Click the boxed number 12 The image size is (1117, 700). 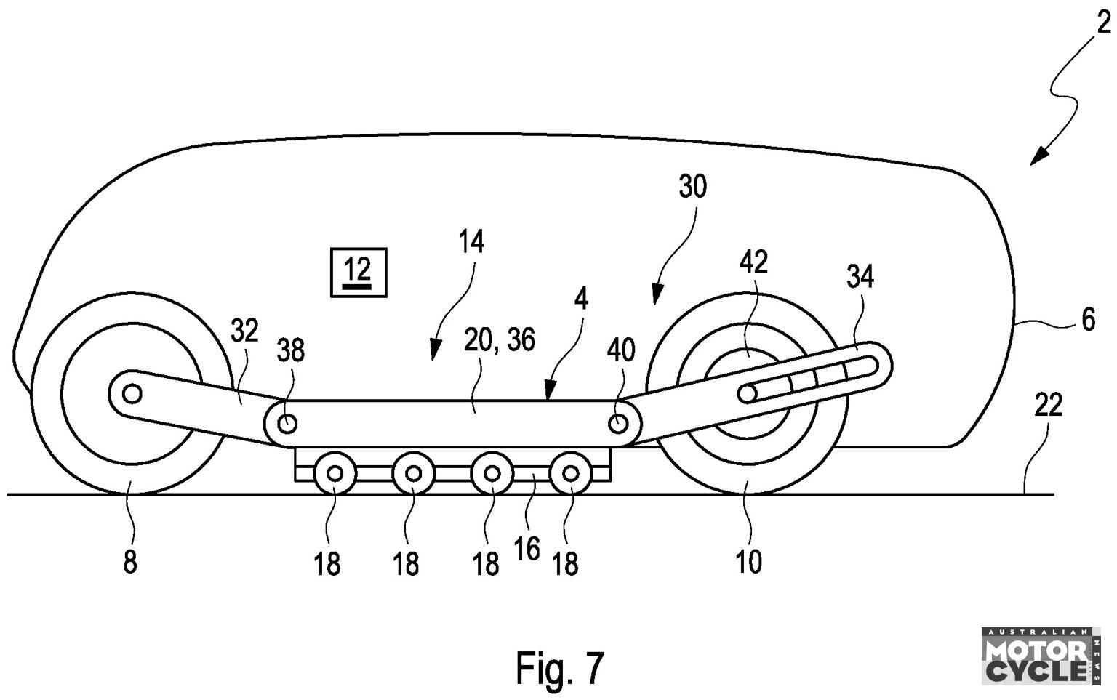click(x=359, y=272)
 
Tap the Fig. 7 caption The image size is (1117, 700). click(x=559, y=668)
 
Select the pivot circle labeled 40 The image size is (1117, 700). click(x=619, y=425)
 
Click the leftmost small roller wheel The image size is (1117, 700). click(x=335, y=473)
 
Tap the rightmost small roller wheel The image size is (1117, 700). click(x=571, y=473)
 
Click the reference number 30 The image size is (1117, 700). click(x=693, y=188)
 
